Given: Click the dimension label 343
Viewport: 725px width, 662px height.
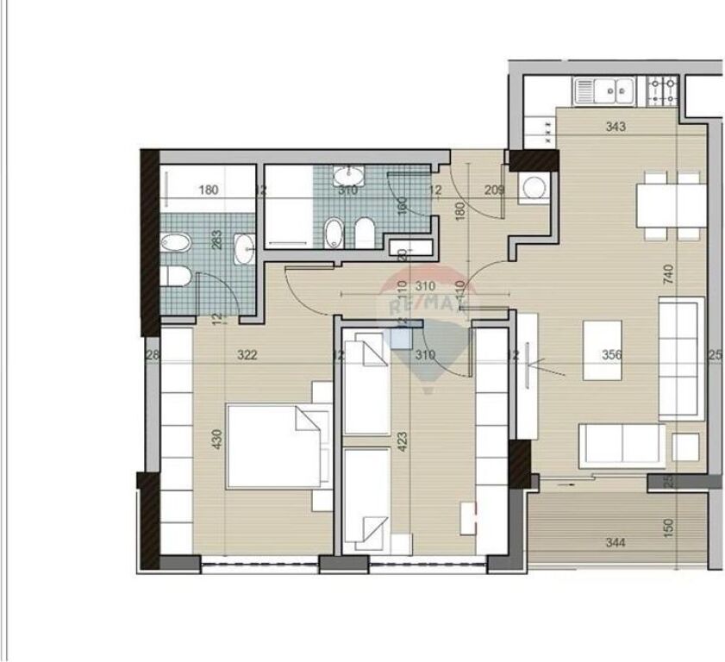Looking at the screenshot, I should pyautogui.click(x=615, y=127).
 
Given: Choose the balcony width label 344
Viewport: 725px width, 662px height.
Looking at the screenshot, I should pyautogui.click(x=616, y=543).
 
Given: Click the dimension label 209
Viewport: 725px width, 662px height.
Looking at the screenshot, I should pyautogui.click(x=494, y=190).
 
